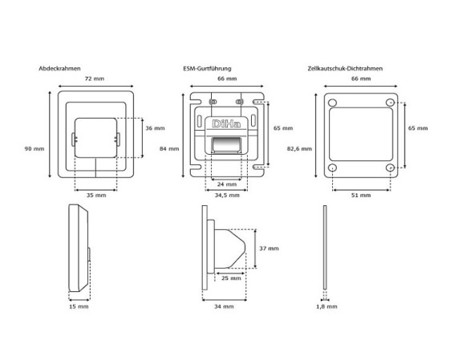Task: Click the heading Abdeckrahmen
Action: click(x=59, y=69)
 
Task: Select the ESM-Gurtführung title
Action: click(x=207, y=69)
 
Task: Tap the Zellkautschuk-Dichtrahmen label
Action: click(x=345, y=69)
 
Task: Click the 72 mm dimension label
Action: click(x=95, y=79)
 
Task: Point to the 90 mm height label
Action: click(x=34, y=148)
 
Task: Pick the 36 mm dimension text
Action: click(x=155, y=128)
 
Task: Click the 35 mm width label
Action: click(x=96, y=195)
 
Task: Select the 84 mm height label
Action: click(x=169, y=148)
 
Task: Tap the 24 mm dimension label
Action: click(x=227, y=184)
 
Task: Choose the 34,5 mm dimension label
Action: click(x=227, y=195)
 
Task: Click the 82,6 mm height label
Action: click(x=299, y=148)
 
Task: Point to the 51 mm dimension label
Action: click(x=361, y=195)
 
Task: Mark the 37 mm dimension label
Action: click(x=269, y=248)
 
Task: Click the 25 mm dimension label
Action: click(x=231, y=278)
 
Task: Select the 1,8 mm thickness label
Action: click(x=326, y=306)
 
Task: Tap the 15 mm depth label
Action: click(x=79, y=306)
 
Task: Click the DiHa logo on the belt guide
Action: click(x=226, y=124)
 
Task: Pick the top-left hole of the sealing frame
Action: click(x=332, y=103)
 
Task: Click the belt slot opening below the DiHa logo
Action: click(x=226, y=144)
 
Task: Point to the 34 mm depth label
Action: click(x=224, y=306)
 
